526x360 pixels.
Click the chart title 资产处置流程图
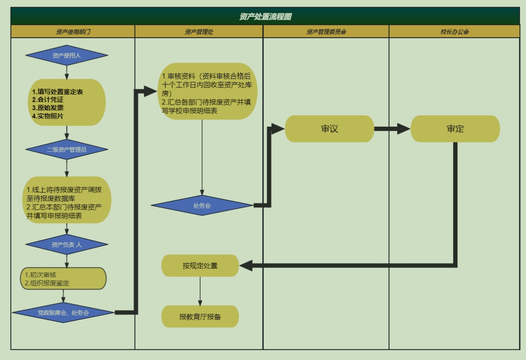pos(265,17)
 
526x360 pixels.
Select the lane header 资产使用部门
pos(73,32)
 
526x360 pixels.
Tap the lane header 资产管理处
pos(199,32)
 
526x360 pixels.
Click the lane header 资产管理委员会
pos(326,32)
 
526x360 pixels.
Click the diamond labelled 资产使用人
pos(67,55)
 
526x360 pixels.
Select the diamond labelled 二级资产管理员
pos(67,150)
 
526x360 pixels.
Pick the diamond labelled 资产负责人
pos(67,245)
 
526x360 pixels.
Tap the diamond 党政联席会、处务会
pos(63,313)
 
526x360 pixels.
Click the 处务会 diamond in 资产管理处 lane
pos(202,205)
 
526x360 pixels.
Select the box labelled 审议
pos(329,129)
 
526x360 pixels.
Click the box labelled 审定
pos(455,129)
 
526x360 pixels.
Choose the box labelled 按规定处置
pos(200,266)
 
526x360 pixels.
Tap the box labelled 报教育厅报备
pos(200,317)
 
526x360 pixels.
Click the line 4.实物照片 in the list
pos(48,116)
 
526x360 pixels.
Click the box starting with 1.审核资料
pos(206,91)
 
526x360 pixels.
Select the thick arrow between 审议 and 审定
pos(392,129)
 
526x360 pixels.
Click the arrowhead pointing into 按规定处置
pos(246,265)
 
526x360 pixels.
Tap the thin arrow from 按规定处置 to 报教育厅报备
pos(200,291)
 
